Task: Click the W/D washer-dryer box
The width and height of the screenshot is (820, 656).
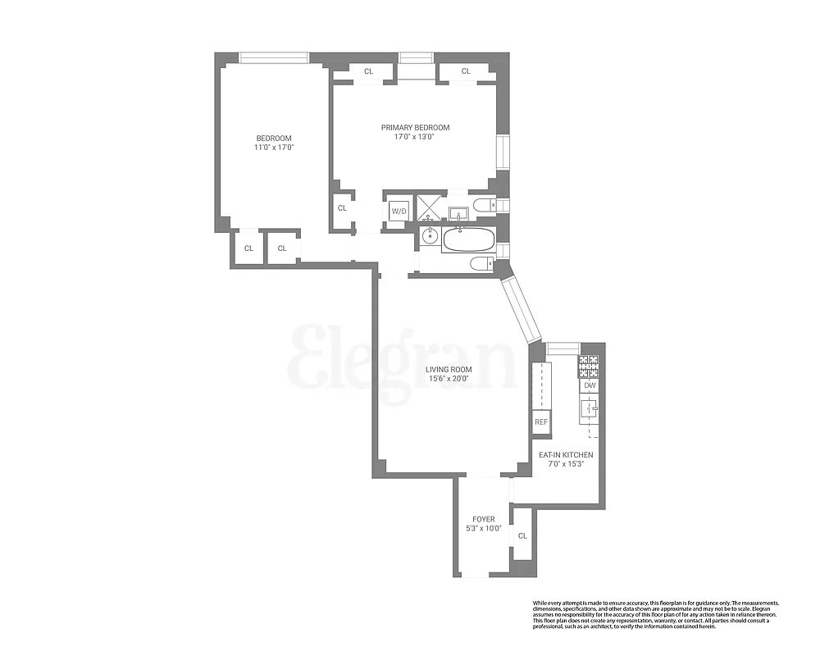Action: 399,211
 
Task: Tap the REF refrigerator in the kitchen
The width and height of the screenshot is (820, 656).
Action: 540,422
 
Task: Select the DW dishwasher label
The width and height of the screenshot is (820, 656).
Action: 590,385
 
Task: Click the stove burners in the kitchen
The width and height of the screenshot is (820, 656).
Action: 589,365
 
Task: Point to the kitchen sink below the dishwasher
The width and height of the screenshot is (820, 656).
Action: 588,407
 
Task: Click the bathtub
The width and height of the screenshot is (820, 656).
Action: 469,240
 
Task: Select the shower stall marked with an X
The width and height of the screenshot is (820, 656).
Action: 429,207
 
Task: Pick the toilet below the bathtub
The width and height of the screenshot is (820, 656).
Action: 481,262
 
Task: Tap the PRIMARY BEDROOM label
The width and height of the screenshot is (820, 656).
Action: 415,127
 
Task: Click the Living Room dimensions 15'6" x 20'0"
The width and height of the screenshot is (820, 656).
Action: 449,379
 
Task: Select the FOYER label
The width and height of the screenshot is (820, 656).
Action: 483,519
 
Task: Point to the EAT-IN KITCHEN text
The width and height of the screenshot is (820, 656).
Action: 566,454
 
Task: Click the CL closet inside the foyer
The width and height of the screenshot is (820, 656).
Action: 522,535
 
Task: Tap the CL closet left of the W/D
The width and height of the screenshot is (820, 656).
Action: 342,207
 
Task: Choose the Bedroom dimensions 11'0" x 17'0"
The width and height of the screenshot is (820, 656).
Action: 274,148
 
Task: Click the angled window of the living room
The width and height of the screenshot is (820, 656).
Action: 522,308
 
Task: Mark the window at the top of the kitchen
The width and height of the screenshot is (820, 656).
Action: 563,349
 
